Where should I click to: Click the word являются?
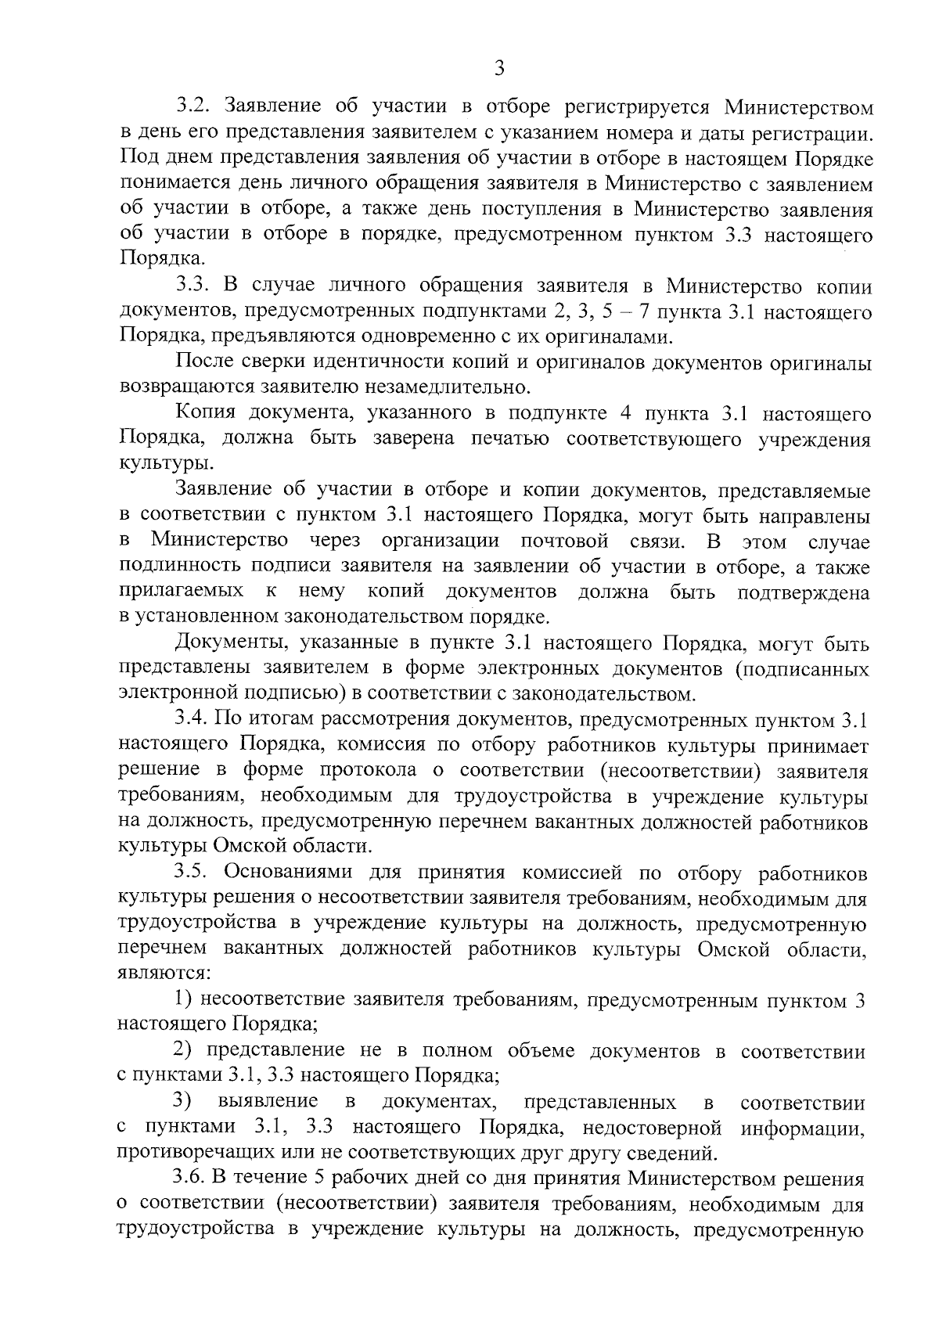click(164, 974)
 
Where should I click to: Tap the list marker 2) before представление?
click(184, 1051)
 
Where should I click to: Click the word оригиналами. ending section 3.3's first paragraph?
click(613, 337)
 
